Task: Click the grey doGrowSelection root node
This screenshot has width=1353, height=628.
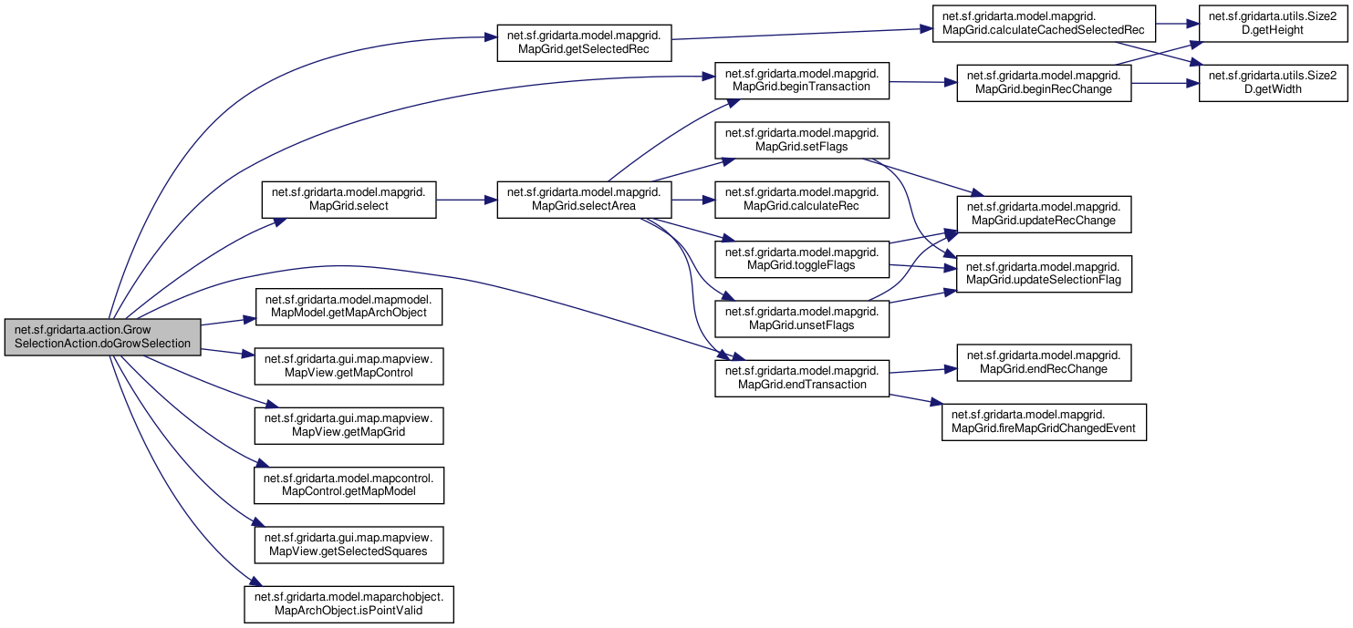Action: point(103,337)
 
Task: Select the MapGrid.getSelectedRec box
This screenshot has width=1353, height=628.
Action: point(584,43)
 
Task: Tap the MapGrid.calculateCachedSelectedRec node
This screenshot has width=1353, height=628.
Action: point(1044,24)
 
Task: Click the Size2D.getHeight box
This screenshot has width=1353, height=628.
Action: point(1274,24)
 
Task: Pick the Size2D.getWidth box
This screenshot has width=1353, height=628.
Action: point(1274,83)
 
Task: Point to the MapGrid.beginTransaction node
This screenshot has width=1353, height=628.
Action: point(802,80)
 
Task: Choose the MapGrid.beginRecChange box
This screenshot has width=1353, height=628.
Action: point(1044,83)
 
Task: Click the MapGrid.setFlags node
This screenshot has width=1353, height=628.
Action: point(802,140)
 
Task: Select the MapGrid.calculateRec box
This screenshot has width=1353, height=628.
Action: point(802,199)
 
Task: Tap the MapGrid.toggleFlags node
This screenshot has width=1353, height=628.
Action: point(802,259)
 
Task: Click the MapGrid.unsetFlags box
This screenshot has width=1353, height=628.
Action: point(802,318)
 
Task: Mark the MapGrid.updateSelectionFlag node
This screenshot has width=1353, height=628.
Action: point(1044,273)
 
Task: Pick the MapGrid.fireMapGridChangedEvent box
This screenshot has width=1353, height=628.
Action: point(1044,422)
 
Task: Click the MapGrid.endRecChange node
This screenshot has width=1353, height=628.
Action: point(1044,363)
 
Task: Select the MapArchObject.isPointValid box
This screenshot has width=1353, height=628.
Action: point(349,604)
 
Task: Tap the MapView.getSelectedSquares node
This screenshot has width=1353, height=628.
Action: point(349,545)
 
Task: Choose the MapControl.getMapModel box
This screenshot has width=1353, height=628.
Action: point(349,485)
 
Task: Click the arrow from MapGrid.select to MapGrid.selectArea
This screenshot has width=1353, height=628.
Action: point(466,200)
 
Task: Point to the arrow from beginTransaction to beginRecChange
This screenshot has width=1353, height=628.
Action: point(923,82)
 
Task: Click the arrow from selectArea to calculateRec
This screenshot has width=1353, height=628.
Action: point(692,200)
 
